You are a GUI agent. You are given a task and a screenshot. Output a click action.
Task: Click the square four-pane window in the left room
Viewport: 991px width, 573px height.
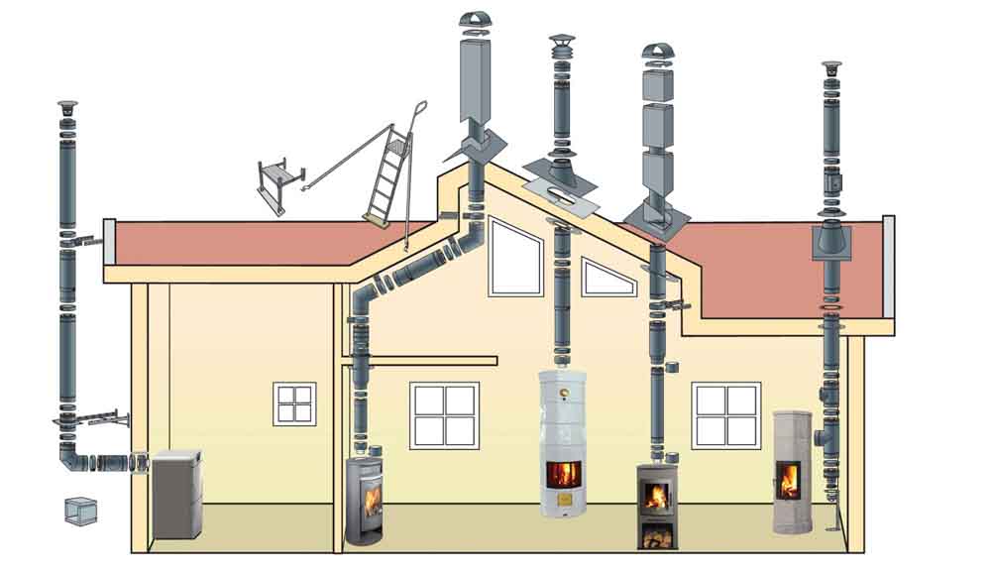294,404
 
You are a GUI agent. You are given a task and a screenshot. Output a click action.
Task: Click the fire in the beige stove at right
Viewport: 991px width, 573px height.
790,480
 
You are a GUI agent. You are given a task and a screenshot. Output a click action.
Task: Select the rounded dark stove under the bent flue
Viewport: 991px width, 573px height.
364,500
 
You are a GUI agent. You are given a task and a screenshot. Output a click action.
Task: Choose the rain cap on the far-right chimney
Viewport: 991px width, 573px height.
830,67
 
